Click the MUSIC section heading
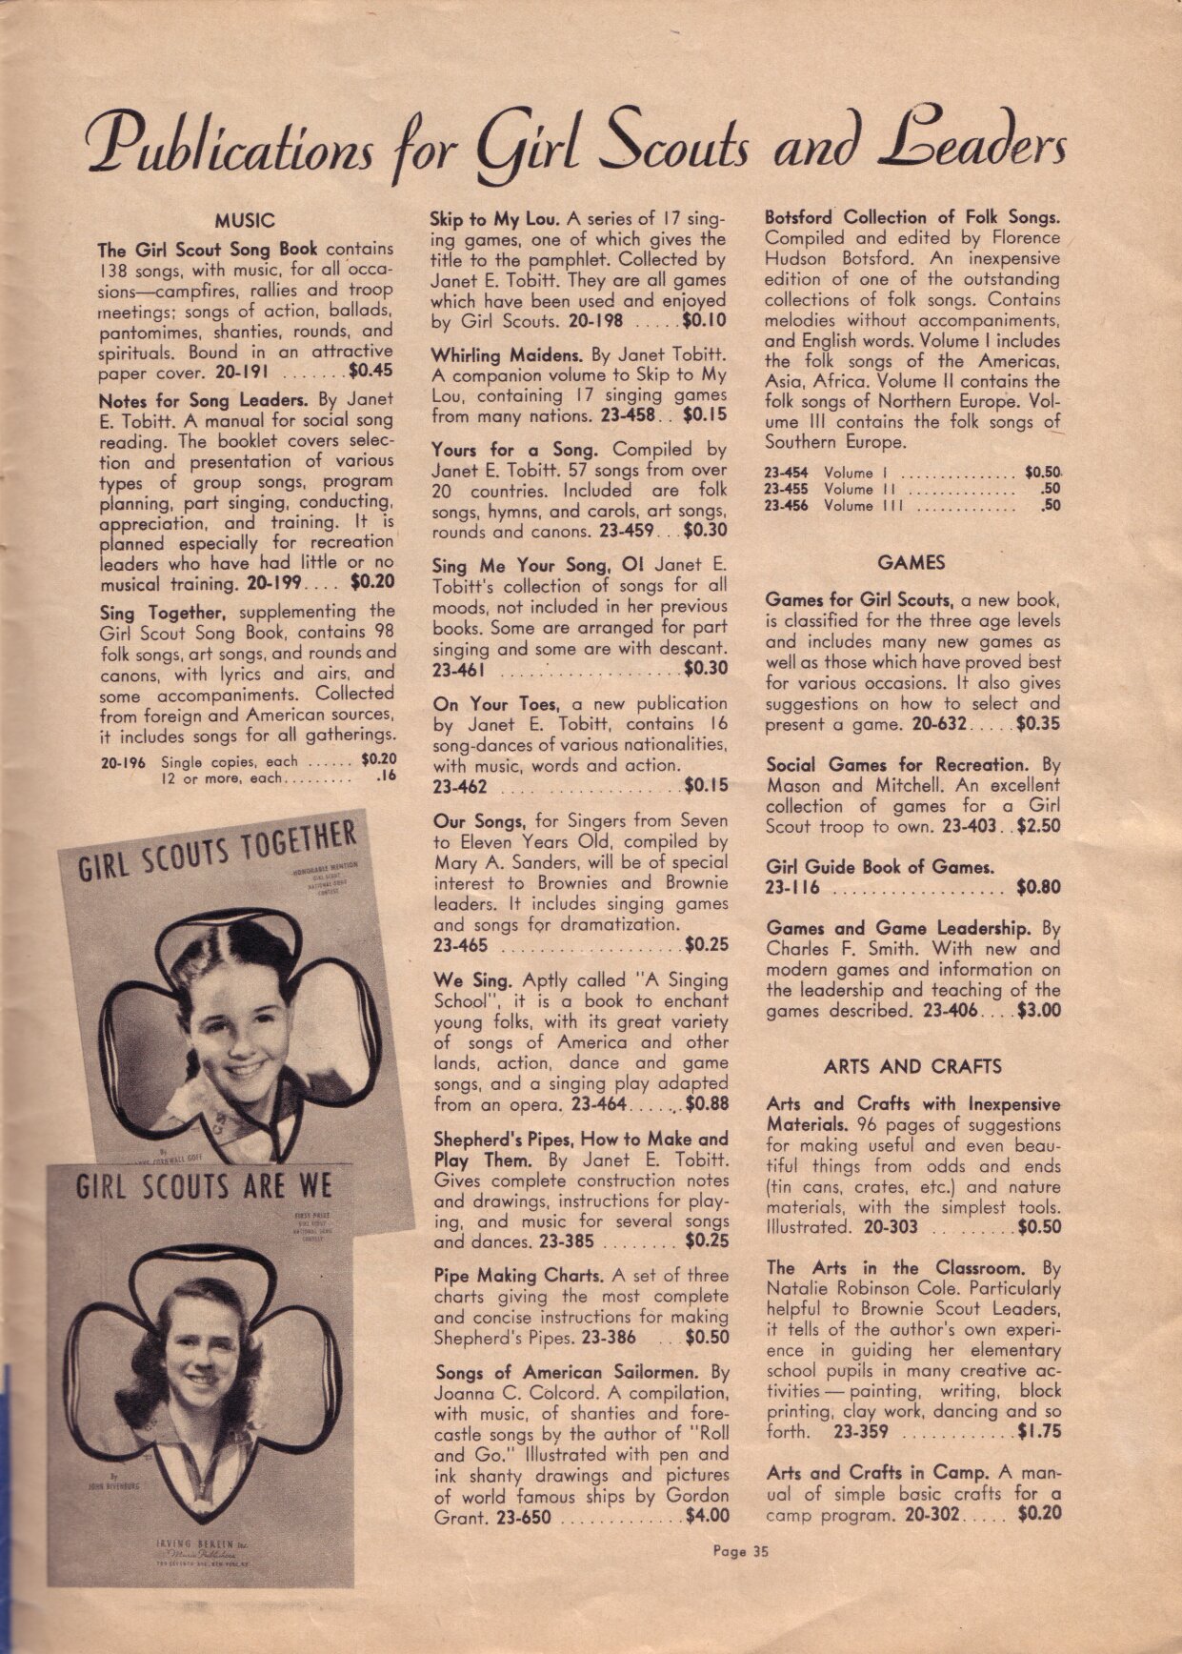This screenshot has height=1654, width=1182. click(x=245, y=221)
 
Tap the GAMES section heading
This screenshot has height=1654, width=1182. click(x=912, y=563)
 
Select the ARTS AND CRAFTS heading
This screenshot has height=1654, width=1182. click(x=912, y=1067)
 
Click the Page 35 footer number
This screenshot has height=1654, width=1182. click(x=740, y=1551)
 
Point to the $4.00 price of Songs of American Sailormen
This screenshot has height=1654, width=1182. click(x=707, y=1516)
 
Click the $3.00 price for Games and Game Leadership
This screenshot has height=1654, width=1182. click(x=1038, y=1011)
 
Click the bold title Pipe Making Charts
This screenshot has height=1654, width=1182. click(x=518, y=1275)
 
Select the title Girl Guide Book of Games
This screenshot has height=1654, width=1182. click(x=879, y=867)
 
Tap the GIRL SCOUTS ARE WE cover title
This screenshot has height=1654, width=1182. click(x=204, y=1188)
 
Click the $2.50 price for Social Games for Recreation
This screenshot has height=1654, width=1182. click(x=1038, y=826)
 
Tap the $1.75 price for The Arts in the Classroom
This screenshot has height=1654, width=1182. click(x=1038, y=1431)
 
